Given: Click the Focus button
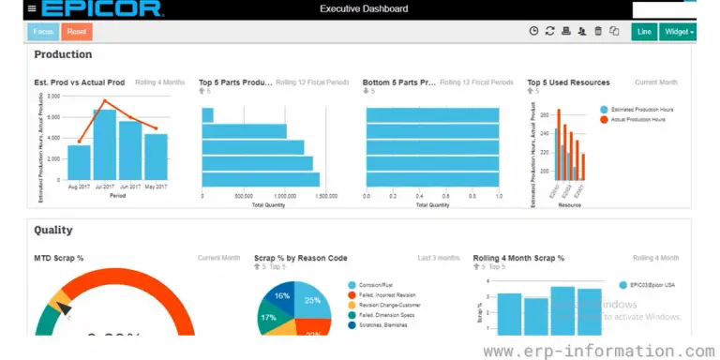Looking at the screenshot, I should pos(43,32).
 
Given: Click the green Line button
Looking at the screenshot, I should pos(643,32).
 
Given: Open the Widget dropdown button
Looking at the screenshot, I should pos(677,32).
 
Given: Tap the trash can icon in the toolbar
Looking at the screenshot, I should pos(598,32).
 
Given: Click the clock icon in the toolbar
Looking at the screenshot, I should pos(533,32).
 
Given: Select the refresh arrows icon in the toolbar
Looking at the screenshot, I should pos(549,32).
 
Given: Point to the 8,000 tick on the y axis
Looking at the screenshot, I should pos(52,96).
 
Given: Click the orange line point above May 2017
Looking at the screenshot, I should pos(157,129).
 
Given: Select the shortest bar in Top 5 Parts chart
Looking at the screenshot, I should pos(208,115).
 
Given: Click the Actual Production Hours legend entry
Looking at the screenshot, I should pos(637,119).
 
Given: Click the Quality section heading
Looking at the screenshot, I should pos(53,230).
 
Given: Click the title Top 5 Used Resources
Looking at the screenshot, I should pos(568,82).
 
